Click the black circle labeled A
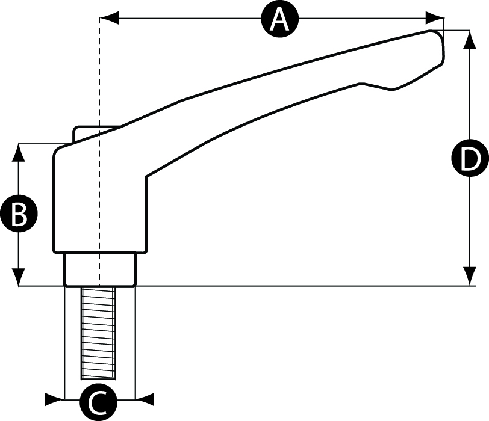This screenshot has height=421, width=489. pyautogui.click(x=279, y=19)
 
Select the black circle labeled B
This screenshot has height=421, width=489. pyautogui.click(x=19, y=214)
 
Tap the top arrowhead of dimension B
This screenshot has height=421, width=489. pyautogui.click(x=19, y=151)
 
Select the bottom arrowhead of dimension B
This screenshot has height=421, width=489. pyautogui.click(x=19, y=277)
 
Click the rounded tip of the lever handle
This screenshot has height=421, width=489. pyautogui.click(x=438, y=45)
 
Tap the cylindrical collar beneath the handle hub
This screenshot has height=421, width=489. pyautogui.click(x=99, y=269)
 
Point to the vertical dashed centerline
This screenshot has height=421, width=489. pyautogui.click(x=99, y=78)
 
